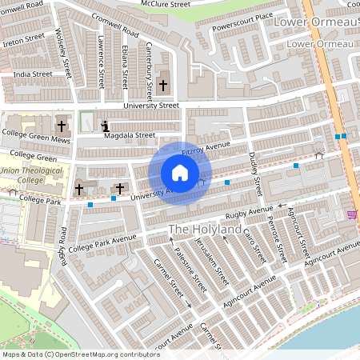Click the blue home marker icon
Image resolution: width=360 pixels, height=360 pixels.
click(x=180, y=173)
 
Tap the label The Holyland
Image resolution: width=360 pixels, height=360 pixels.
click(x=204, y=230)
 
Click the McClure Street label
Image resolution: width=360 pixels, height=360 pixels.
click(x=166, y=4)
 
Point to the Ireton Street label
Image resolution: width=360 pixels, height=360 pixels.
click(x=23, y=38)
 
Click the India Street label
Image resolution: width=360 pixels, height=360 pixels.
click(x=32, y=74)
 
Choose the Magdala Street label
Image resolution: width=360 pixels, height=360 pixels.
click(x=130, y=136)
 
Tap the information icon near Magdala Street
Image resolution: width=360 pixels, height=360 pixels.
click(x=106, y=126)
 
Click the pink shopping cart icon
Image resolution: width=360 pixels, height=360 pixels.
click(x=352, y=214)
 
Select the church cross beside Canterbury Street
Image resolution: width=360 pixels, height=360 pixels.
click(x=163, y=84)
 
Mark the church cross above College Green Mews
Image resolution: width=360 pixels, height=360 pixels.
click(x=62, y=126)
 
